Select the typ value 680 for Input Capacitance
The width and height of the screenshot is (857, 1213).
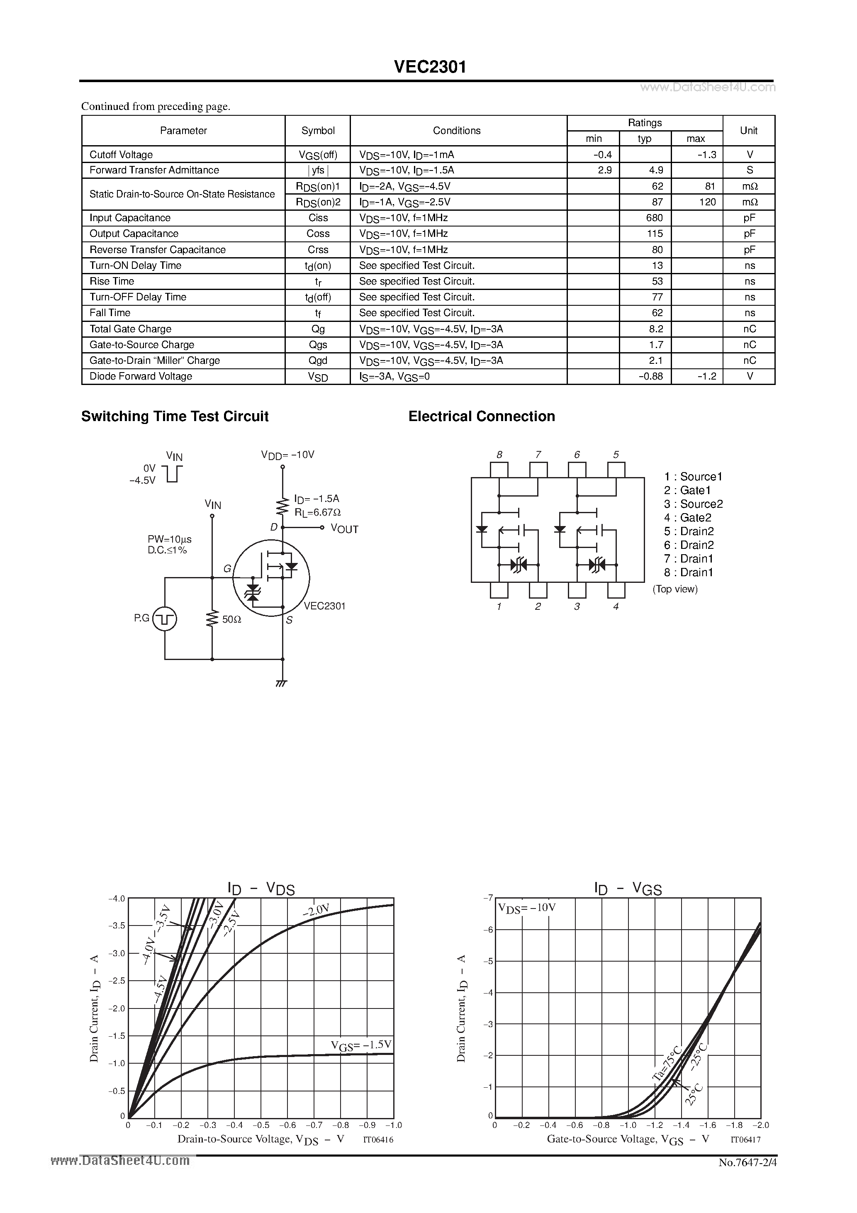pos(654,218)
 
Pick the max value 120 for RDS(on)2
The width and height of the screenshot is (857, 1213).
pos(707,202)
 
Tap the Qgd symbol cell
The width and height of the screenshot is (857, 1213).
pos(318,360)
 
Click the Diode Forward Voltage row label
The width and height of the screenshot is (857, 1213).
pos(141,376)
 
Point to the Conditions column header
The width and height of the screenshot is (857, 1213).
pos(457,131)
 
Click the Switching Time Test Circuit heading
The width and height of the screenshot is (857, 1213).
pos(175,417)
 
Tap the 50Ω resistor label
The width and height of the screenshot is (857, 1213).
pos(231,620)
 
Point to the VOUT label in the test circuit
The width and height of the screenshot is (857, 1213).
pos(344,529)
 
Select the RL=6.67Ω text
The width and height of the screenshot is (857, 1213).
pos(318,512)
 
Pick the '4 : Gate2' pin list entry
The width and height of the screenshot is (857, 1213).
pos(687,518)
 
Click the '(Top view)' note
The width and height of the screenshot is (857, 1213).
pos(675,589)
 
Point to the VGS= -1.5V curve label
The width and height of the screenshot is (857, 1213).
pos(361,1045)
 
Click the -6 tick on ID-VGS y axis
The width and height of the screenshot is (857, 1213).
pos(489,929)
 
